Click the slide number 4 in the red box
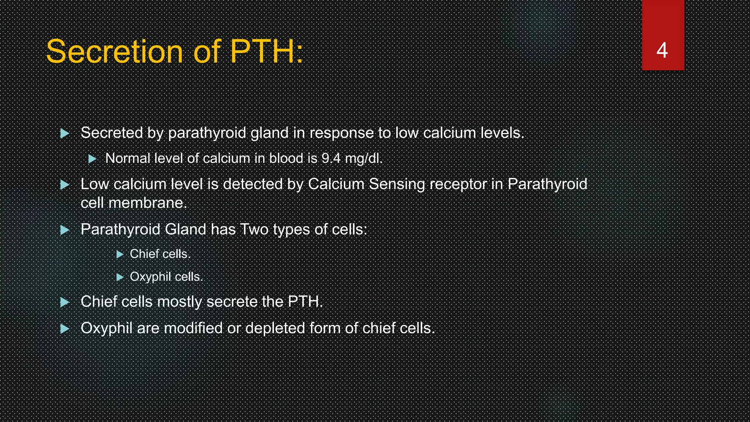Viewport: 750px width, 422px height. tap(662, 51)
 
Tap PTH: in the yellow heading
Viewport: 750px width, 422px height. tap(267, 52)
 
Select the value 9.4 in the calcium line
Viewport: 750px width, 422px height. tap(331, 158)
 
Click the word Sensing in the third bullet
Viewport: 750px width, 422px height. tap(397, 184)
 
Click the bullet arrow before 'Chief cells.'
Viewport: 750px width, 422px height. tap(120, 254)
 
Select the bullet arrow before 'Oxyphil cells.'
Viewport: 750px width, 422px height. tap(120, 277)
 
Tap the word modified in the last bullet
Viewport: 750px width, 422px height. tap(193, 328)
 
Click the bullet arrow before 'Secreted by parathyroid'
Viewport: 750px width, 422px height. tap(65, 133)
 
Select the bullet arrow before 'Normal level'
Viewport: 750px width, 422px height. tap(92, 159)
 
